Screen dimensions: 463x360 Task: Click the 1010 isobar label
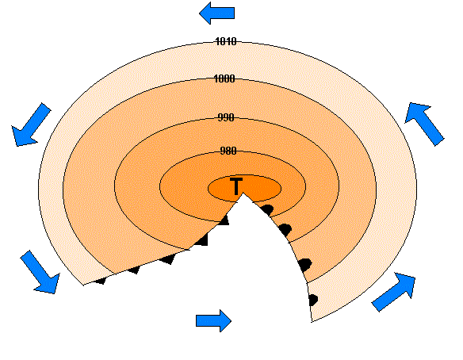point(226,41)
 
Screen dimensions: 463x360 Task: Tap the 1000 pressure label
point(224,79)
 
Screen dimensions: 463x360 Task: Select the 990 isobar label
point(226,117)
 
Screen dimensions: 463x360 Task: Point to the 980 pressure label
point(228,151)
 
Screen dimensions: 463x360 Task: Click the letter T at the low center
point(236,186)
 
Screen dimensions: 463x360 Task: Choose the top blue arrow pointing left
point(216,13)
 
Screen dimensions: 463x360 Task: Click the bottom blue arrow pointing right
point(213,320)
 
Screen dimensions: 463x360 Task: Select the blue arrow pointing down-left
point(31,124)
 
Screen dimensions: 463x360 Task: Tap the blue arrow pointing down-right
point(40,272)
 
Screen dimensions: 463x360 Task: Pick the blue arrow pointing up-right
point(394,292)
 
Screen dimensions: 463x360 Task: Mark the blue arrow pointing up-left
point(424,124)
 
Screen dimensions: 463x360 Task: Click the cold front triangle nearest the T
point(224,220)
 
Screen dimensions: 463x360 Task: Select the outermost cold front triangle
point(100,281)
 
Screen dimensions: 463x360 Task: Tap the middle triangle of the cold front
point(168,259)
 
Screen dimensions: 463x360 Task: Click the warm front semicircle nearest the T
point(267,209)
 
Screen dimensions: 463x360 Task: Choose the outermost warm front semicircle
point(313,300)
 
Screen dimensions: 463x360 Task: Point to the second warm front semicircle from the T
point(285,230)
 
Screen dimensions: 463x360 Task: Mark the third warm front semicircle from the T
point(305,265)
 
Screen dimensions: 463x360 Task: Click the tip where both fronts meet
point(243,193)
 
